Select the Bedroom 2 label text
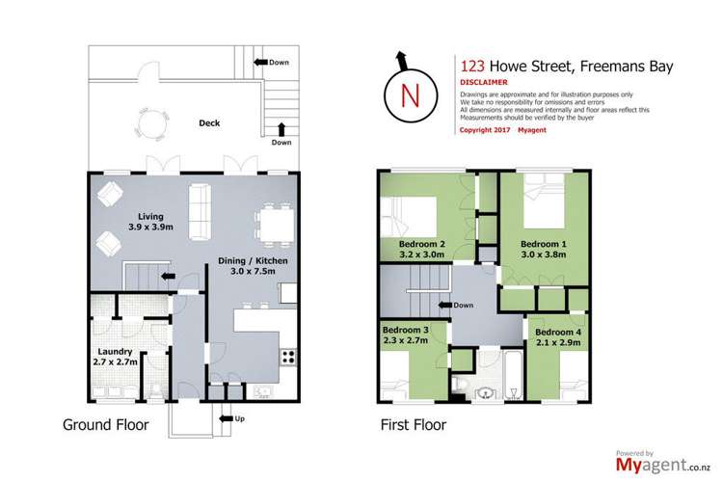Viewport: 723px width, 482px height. coord(421,249)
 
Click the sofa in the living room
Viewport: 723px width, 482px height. coord(201,210)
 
